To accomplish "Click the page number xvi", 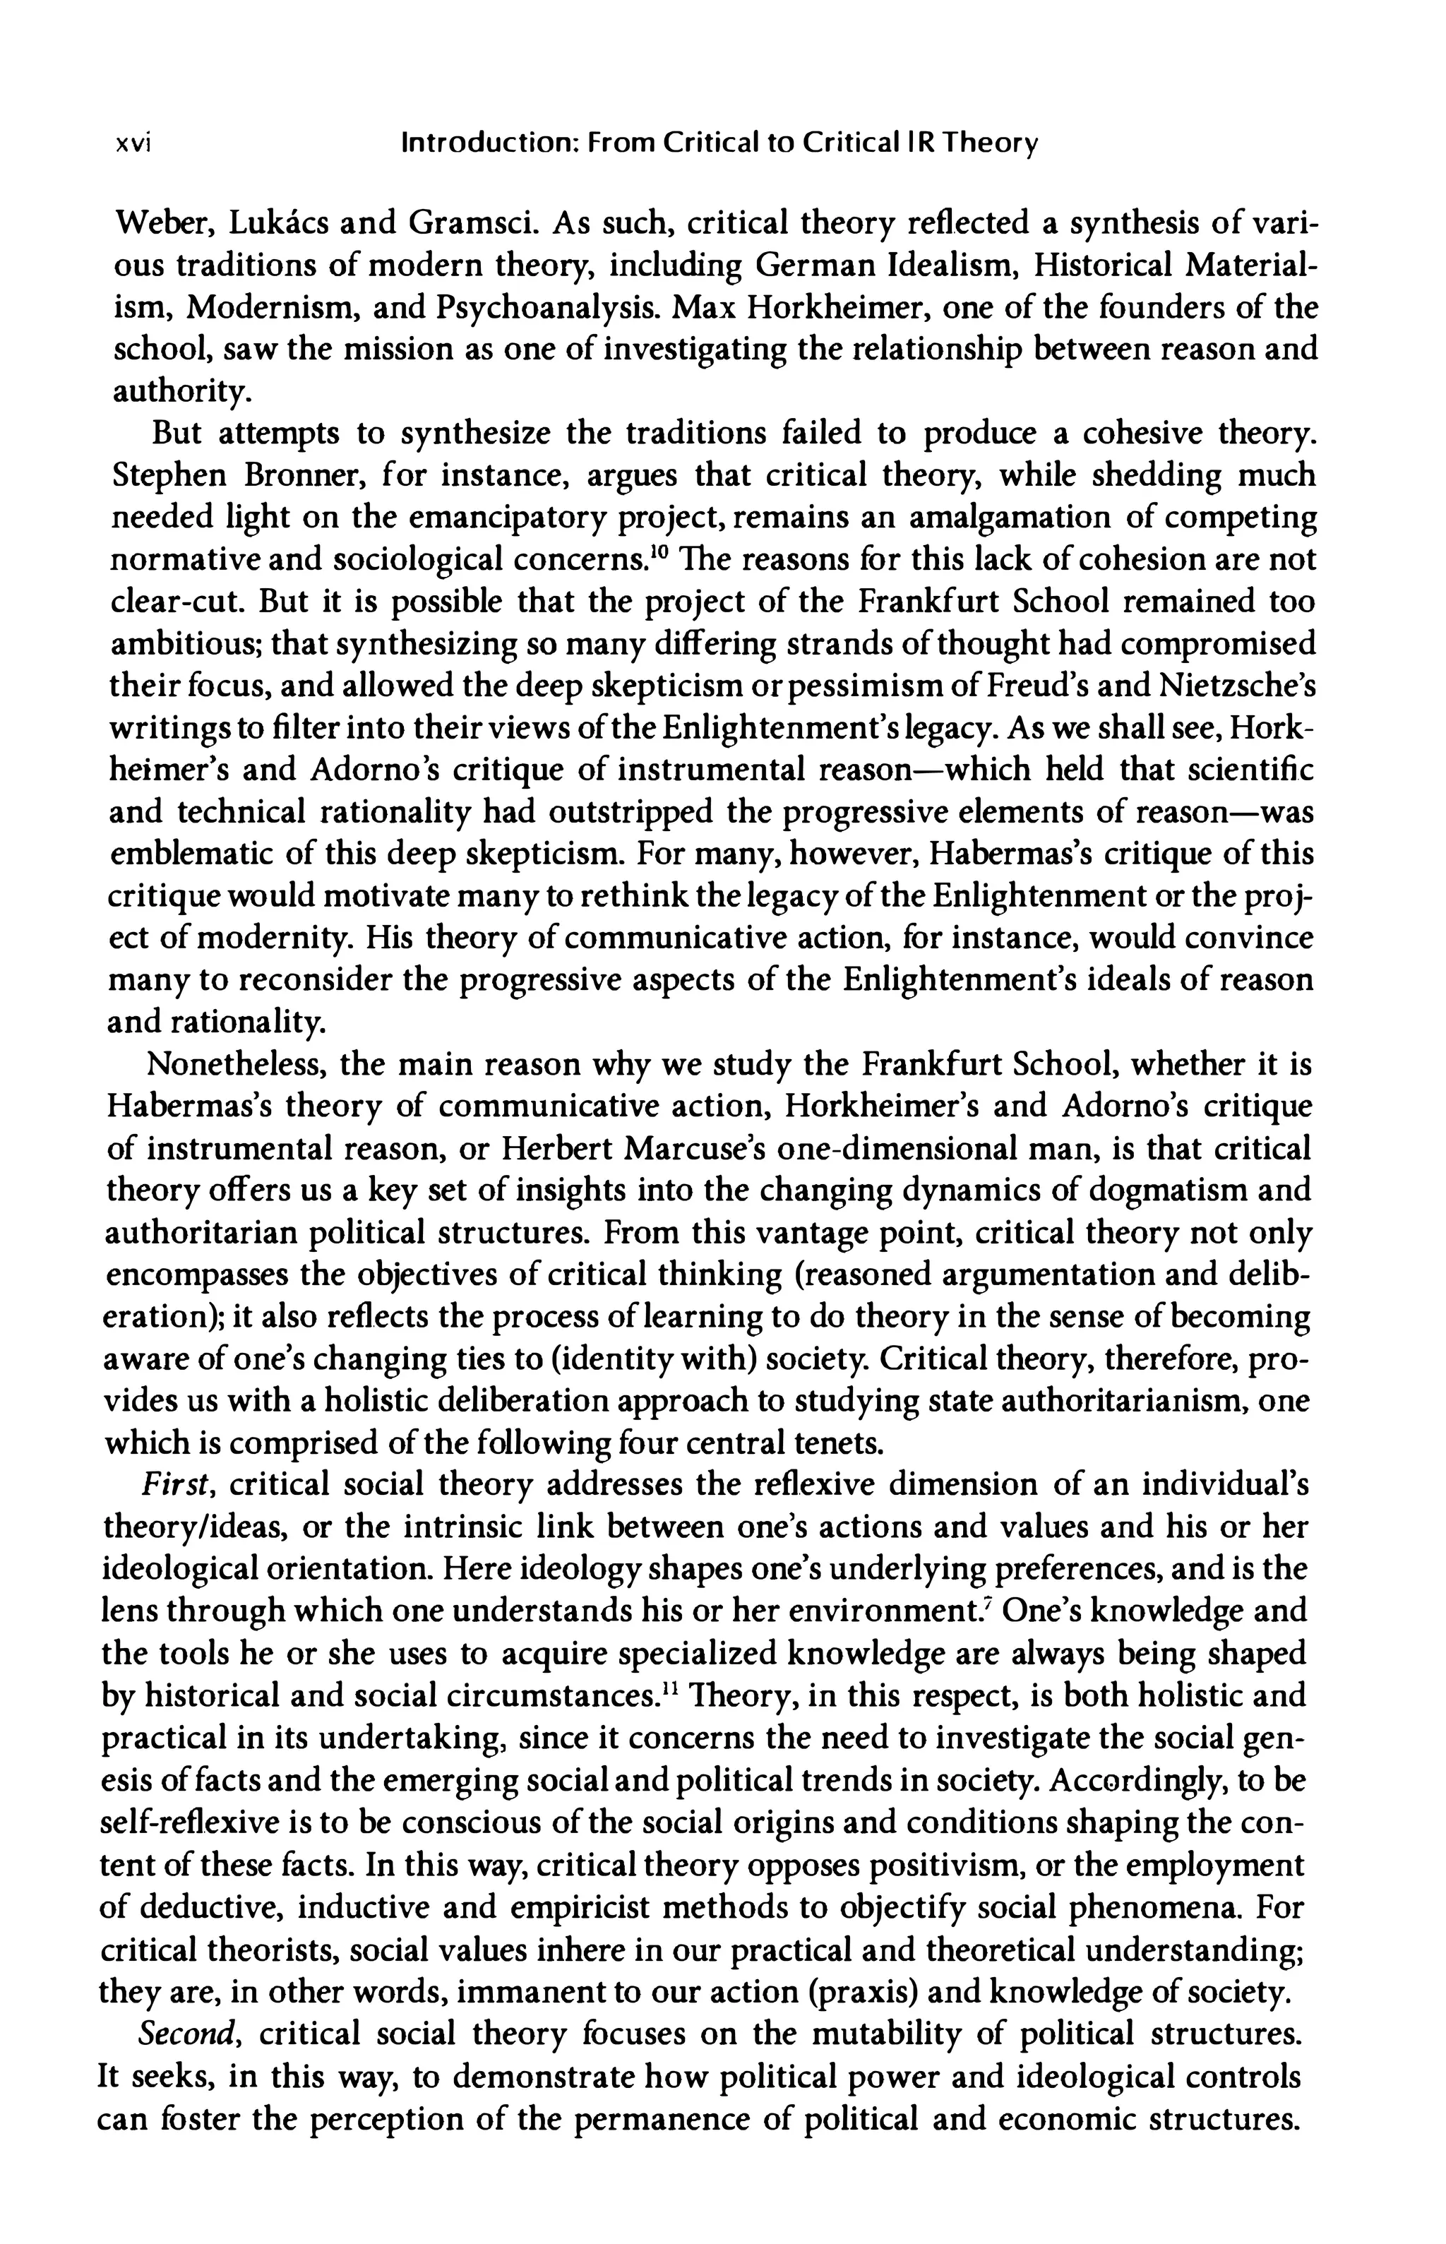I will [133, 145].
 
